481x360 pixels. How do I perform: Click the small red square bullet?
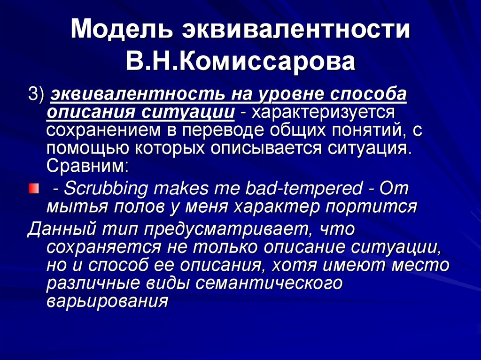click(32, 189)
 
